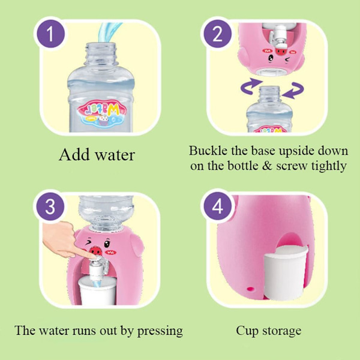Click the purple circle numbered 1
point(51,34)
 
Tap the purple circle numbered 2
point(217,34)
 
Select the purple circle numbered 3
point(50,206)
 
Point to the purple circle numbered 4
point(217,206)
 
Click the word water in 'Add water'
point(115,155)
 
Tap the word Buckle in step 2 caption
point(208,151)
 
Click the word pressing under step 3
point(160,331)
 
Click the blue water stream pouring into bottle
point(108,32)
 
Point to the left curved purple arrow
point(251,86)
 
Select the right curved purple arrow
point(294,90)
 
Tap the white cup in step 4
point(286,272)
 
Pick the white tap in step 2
point(279,36)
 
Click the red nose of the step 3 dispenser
point(95,251)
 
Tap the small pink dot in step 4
point(250,289)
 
